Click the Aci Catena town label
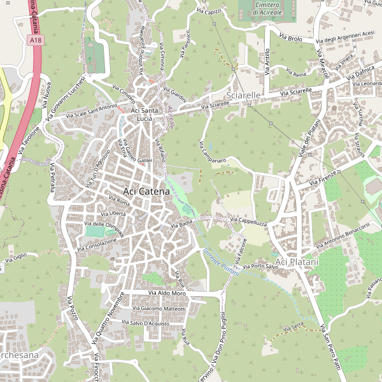[146, 190]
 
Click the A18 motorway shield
[37, 40]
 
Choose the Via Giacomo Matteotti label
[159, 309]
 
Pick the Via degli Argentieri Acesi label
[347, 37]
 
